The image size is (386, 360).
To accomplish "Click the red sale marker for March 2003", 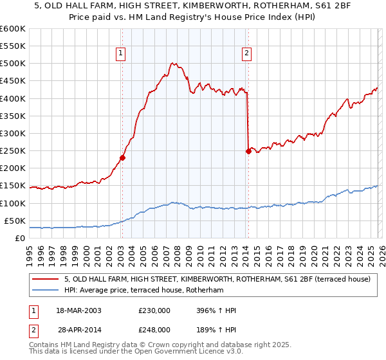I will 122,157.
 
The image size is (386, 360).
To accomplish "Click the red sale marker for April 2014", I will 248,152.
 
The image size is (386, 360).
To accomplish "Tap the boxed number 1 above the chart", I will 122,54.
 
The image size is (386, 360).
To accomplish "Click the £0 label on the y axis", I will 20,238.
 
